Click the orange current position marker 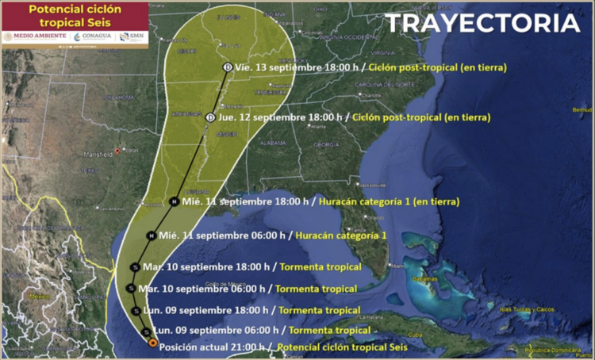pos(153,343)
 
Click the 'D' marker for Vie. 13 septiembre pos(228,67)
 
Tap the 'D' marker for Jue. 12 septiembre pos(210,117)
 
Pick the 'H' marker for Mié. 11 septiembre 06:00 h pos(151,235)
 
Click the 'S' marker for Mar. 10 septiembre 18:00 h pos(136,267)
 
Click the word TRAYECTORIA pos(482,24)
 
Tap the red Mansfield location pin pos(117,150)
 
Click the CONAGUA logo pos(94,36)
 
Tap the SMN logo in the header pos(132,36)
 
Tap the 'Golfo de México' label pos(223,284)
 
